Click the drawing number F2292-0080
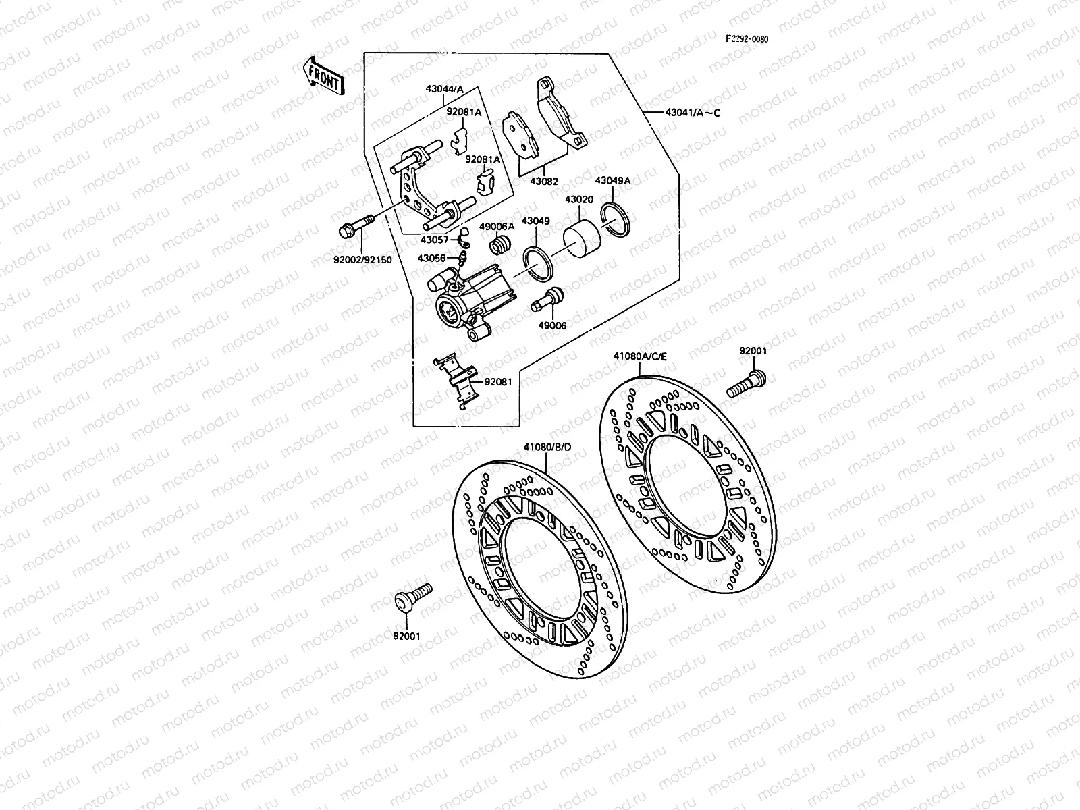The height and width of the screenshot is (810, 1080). coord(747,38)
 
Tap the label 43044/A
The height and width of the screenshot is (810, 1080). coord(444,89)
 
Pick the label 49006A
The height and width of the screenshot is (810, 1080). coord(497,227)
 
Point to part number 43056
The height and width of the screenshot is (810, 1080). coord(431,258)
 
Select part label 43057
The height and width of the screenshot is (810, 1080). coord(434,240)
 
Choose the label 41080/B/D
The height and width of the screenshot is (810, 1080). coord(547,447)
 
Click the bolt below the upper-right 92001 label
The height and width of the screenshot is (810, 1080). coord(746,383)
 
